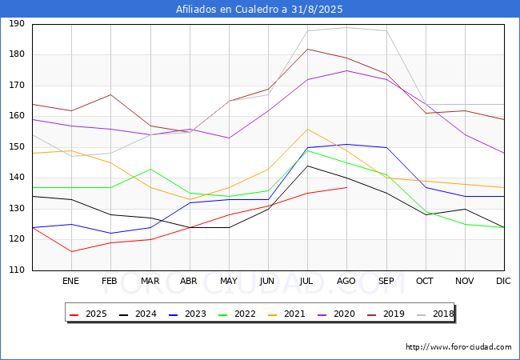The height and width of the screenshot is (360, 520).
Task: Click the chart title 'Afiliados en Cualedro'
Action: [259, 10]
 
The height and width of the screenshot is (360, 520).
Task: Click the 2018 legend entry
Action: [435, 314]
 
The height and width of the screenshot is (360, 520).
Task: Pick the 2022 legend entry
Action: [239, 314]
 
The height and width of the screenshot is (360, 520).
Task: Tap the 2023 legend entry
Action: [190, 314]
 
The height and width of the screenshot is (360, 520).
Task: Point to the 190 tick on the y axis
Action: [16, 24]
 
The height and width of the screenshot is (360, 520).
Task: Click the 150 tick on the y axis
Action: [16, 147]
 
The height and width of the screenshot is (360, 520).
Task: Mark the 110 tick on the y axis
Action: [16, 270]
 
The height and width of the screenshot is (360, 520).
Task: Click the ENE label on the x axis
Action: [71, 282]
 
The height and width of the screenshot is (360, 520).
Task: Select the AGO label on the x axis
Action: [346, 282]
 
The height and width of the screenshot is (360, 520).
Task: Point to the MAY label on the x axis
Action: [229, 282]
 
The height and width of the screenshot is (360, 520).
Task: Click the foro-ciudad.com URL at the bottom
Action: [458, 347]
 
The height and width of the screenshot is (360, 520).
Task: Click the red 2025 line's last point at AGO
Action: [346, 187]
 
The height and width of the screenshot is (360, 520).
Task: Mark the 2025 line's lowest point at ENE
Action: [71, 252]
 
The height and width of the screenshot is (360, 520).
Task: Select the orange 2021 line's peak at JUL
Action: [307, 129]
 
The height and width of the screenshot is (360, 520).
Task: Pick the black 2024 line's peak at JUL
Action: [307, 166]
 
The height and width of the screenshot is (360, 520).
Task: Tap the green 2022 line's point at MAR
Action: [150, 169]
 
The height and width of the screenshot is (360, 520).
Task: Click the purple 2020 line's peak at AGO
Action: [346, 70]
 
